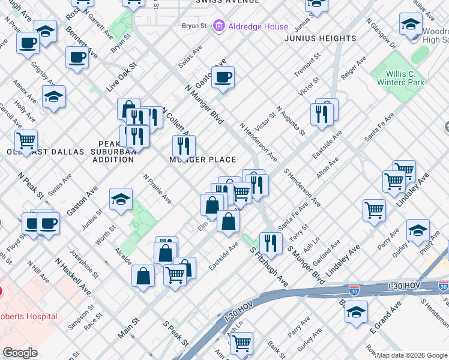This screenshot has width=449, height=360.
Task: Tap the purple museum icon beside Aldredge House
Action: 218,26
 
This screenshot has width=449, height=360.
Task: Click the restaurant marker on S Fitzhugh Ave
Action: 271,242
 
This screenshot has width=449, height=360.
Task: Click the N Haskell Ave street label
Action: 74,277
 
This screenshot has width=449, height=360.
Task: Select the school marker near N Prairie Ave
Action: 121,199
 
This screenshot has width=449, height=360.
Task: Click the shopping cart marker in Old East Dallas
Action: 26,140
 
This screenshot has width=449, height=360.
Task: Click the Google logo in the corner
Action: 20,353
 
